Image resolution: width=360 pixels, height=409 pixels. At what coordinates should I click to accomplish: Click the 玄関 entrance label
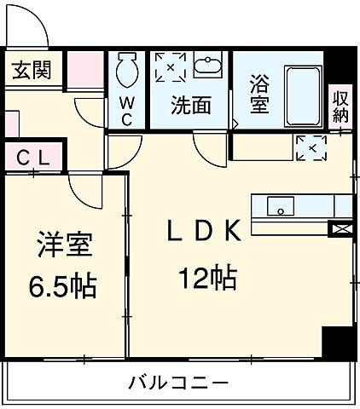coord(32,69)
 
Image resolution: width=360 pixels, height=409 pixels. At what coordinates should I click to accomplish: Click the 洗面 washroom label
coord(189,106)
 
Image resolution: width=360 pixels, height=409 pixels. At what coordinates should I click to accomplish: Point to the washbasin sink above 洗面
coord(207,66)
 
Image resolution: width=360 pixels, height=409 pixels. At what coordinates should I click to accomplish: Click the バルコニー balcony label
coord(180,382)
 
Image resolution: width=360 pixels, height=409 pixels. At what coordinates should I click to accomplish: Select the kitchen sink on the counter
coord(280,205)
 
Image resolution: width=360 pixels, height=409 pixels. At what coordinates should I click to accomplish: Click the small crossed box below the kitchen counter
coord(340,228)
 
